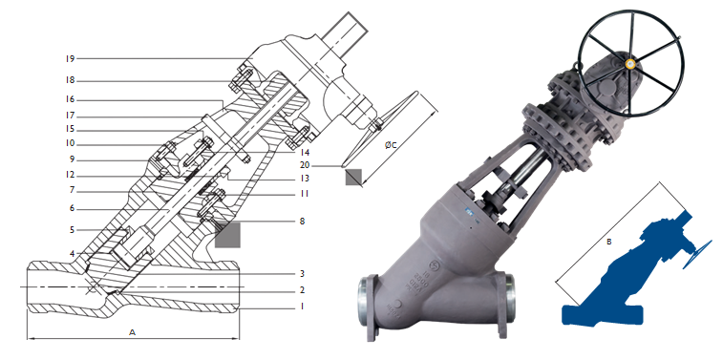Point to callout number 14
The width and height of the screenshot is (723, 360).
point(305,152)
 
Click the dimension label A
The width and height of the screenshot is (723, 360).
point(132,329)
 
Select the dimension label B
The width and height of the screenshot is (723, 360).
point(609,243)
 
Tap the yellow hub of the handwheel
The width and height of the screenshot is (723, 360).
point(631,64)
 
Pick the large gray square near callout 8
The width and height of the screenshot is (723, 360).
point(228,235)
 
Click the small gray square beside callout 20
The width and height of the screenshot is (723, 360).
point(354,177)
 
